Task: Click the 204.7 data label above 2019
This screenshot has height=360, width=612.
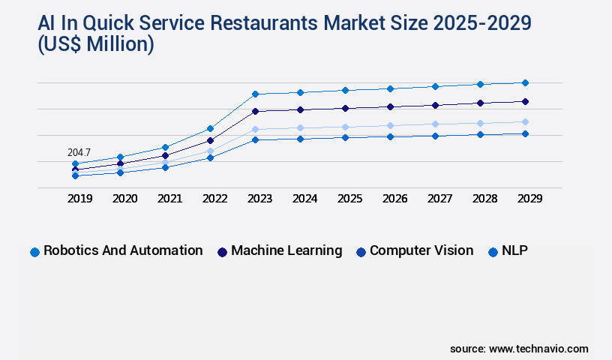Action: point(79,152)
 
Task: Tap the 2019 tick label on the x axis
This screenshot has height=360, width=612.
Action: point(79,199)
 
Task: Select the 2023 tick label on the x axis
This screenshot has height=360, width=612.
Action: point(259,199)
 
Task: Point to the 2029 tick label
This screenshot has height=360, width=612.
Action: point(529,199)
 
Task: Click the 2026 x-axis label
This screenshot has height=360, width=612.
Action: point(394,199)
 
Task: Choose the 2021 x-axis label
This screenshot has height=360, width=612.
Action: point(169,199)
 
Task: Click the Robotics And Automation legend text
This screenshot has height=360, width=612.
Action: point(123,250)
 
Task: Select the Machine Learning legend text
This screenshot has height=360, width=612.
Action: point(286,250)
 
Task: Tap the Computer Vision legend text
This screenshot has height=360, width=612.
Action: point(421,250)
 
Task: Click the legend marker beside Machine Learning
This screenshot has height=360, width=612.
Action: point(222,252)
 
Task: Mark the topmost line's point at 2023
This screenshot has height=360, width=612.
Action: point(255,94)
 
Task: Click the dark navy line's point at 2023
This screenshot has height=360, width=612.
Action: point(255,111)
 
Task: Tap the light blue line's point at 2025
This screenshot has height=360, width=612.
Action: point(345,127)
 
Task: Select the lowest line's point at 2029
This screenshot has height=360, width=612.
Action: point(525,133)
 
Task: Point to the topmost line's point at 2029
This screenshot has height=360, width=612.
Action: point(525,82)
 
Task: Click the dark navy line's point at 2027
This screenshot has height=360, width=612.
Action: point(435,104)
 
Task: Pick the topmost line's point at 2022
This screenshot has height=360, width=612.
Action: point(210,128)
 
